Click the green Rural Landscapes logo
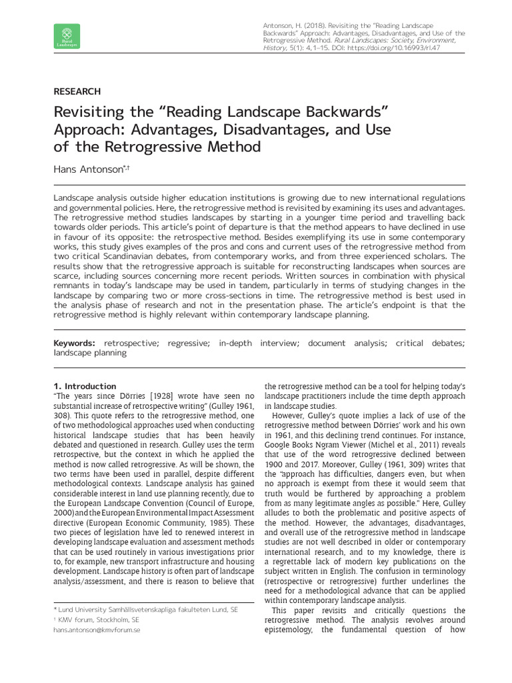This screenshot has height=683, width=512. (66, 36)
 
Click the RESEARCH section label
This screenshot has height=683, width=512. (77, 91)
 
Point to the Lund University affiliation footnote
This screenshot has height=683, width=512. (145, 610)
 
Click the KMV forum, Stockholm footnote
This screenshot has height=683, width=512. (97, 620)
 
